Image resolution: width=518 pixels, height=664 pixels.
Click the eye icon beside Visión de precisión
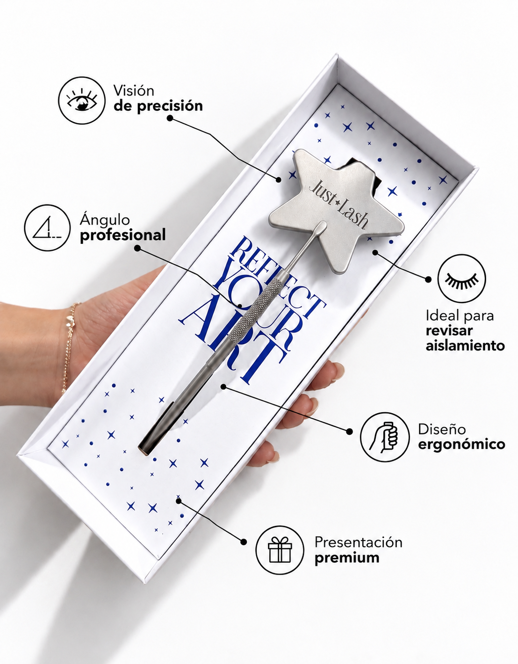click(82, 101)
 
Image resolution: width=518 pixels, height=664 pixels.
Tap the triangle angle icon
click(47, 228)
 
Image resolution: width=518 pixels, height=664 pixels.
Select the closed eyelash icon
click(461, 278)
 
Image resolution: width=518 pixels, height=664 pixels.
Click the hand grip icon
click(385, 437)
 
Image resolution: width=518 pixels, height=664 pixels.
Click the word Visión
click(134, 90)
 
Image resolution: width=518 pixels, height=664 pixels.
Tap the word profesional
click(122, 235)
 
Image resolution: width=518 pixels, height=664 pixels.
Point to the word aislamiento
click(465, 346)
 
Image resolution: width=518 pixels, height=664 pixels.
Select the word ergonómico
click(461, 444)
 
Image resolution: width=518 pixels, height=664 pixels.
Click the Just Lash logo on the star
click(338, 204)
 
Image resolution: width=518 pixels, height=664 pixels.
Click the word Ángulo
click(105, 220)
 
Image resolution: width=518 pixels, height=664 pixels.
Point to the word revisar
click(449, 331)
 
